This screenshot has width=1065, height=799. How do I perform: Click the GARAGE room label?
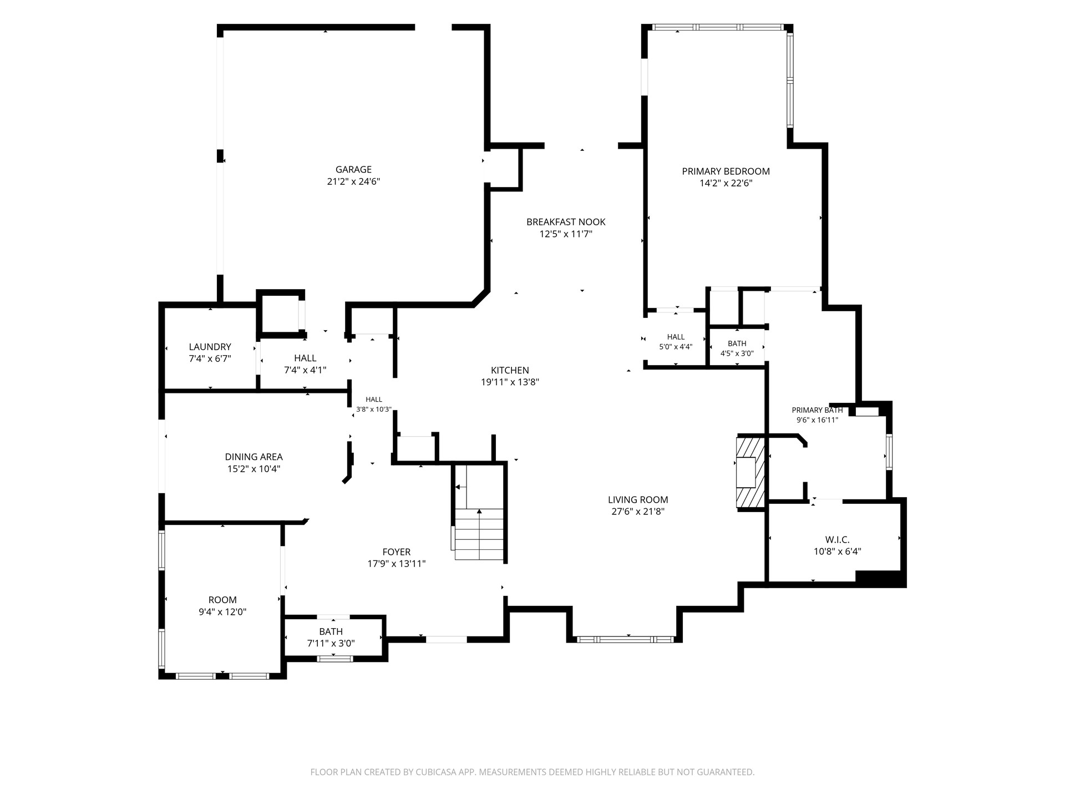[x=353, y=170]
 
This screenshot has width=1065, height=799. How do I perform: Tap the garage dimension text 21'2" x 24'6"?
[x=353, y=182]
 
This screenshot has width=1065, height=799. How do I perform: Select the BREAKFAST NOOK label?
[x=566, y=222]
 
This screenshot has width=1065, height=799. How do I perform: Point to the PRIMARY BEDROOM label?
[x=726, y=171]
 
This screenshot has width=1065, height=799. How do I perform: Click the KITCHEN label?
[x=510, y=370]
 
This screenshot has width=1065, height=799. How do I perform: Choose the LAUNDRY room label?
[x=210, y=347]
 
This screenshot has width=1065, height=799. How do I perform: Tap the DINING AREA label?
[x=253, y=457]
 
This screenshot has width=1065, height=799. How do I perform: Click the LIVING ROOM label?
[x=638, y=499]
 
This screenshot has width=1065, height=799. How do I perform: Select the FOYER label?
[x=397, y=552]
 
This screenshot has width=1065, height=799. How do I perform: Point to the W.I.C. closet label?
[x=837, y=539]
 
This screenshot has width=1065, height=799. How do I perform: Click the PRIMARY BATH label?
[x=817, y=410]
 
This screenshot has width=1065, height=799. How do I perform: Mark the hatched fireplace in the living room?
[x=750, y=472]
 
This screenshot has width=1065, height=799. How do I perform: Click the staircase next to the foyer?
[x=479, y=512]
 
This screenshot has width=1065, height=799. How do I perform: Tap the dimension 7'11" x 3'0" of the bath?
[x=331, y=644]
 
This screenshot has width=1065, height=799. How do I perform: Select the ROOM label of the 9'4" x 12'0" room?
[x=222, y=600]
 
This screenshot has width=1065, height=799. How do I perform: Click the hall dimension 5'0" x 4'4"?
[x=676, y=347]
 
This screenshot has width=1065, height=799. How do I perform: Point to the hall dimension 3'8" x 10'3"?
[x=374, y=409]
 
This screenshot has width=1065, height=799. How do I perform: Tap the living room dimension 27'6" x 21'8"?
[x=638, y=512]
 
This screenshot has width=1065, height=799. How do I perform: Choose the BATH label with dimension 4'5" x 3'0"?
[x=737, y=343]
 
